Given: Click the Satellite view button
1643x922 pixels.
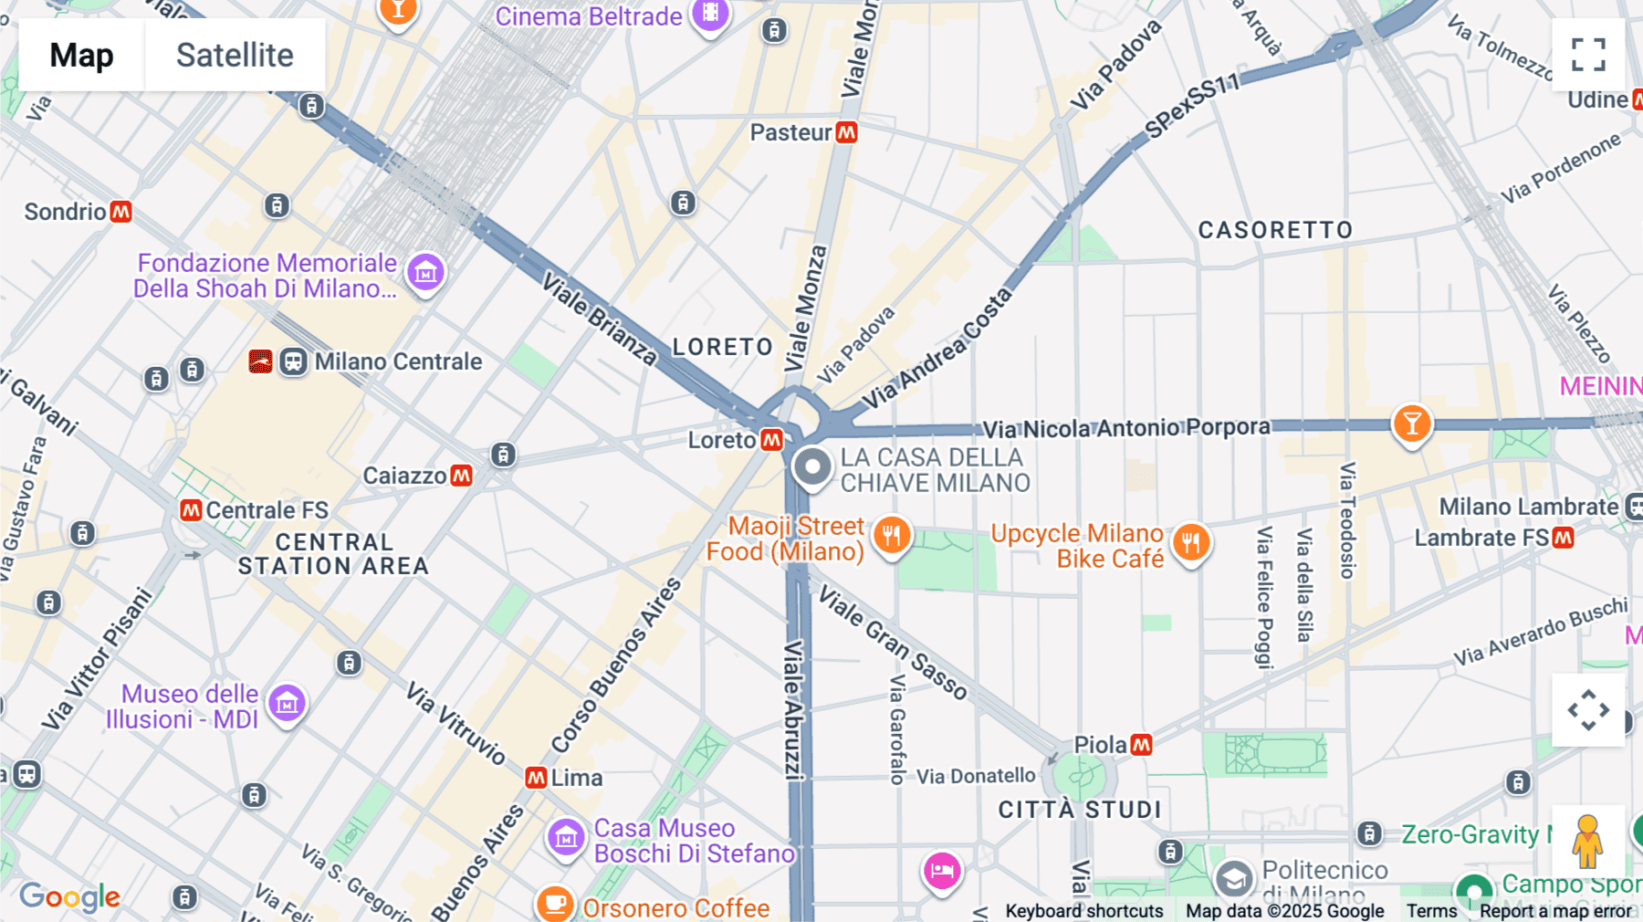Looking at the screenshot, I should coord(235,55).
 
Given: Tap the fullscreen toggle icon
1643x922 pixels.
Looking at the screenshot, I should coord(1588,55).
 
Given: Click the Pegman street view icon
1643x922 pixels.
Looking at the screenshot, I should coord(1587,841).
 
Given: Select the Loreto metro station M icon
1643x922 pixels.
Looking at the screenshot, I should coord(772,440).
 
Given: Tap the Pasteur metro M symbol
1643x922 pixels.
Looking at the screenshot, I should coord(847,132).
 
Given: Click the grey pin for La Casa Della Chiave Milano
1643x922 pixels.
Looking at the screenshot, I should coord(811,467).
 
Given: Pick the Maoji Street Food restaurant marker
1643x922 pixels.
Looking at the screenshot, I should coord(892,536).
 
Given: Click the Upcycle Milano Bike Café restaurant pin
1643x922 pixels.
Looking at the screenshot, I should coord(1190,543).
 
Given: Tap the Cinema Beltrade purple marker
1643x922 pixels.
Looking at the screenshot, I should coord(710,15).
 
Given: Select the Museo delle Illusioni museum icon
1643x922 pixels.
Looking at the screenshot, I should coord(287,704).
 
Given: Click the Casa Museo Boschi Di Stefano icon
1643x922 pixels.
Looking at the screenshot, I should coord(566,836).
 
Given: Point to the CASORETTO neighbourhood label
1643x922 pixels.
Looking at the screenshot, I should coord(1275,230).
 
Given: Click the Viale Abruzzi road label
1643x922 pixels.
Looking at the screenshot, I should coord(794,709).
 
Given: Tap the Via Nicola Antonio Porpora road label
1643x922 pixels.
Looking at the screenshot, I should coord(1125,428).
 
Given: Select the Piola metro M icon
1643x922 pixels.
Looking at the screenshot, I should coord(1141,745).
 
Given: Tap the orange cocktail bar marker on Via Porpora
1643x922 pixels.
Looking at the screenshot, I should coord(1411,424).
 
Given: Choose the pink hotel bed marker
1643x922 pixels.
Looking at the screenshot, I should coord(942,871).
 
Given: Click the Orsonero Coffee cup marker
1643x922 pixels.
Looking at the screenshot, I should coord(554,903).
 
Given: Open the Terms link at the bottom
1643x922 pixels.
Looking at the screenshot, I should coord(1431,911).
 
